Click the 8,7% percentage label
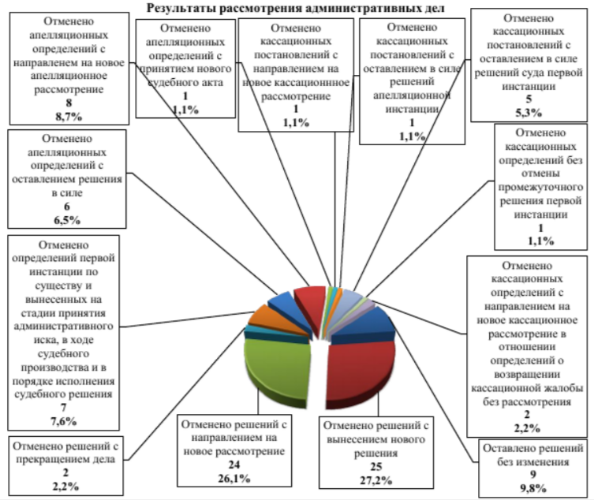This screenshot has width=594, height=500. coord(69,114)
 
